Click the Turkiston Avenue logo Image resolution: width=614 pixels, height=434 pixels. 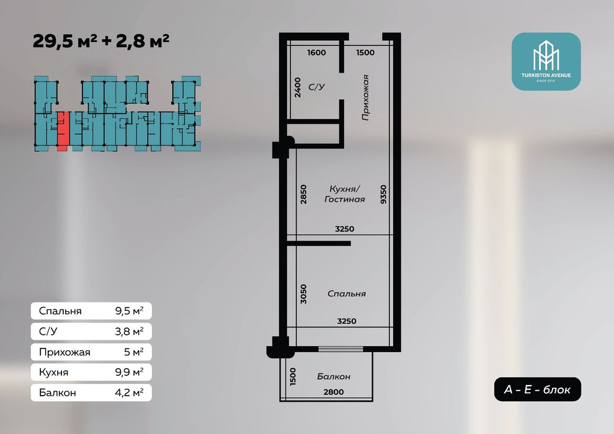[x=546, y=61]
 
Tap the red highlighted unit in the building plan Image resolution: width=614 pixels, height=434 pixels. [x=62, y=131]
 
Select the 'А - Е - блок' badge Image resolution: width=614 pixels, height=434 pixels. [x=538, y=389]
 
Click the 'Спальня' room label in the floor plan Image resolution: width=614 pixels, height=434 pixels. [x=346, y=294]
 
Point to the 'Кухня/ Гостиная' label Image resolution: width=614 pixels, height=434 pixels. [x=344, y=194]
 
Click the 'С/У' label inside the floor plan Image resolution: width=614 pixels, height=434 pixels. [x=316, y=87]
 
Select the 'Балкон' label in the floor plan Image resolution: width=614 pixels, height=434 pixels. [x=334, y=376]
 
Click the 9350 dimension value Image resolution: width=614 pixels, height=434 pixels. [x=385, y=194]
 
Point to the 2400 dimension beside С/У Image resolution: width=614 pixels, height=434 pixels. [x=298, y=88]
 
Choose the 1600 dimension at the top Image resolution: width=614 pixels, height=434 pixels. [x=316, y=53]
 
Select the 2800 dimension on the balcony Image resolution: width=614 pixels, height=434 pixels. [x=333, y=392]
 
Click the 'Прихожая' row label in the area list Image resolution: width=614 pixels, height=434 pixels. [x=65, y=352]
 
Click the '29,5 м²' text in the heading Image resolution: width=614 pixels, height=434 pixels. [x=61, y=42]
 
